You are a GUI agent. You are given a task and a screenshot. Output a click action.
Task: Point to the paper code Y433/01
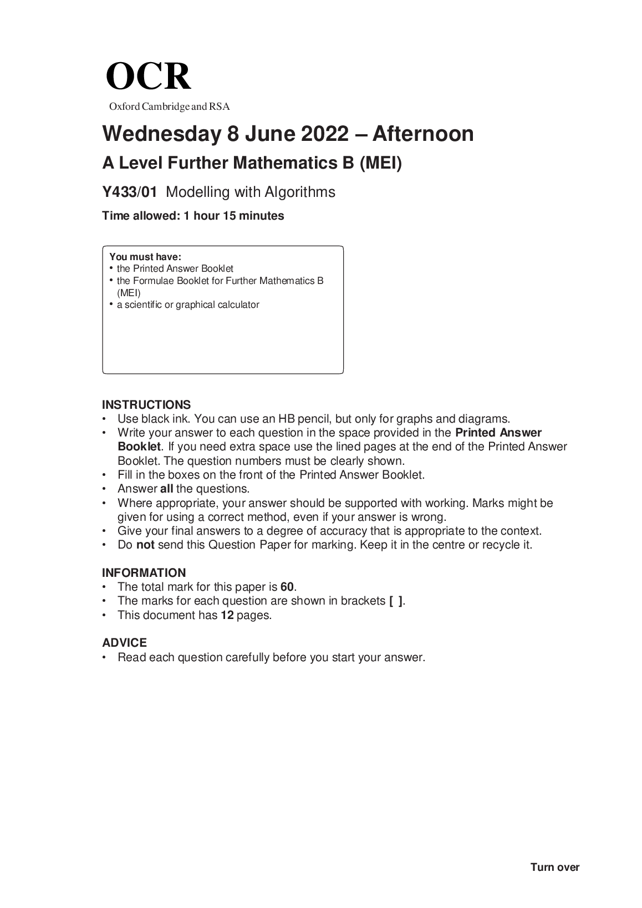coord(130,192)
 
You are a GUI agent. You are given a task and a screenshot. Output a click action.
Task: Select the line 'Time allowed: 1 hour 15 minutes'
coord(193,216)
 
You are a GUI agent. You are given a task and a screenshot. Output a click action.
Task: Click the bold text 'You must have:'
coord(145,257)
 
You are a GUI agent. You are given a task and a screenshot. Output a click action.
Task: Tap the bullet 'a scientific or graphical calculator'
coord(188,305)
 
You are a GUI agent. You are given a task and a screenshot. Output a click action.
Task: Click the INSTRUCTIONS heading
coord(146,405)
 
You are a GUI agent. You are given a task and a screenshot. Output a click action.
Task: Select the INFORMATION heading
coord(144,573)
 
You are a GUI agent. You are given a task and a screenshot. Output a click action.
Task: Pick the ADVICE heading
coord(125,643)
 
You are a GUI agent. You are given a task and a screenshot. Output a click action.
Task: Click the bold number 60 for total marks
coord(287,587)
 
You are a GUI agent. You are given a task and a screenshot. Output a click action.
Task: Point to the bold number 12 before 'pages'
coord(227,615)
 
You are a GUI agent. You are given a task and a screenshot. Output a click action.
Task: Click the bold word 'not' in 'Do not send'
coord(145,545)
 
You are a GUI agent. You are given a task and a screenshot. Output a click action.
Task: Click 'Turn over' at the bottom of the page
coord(554,868)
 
